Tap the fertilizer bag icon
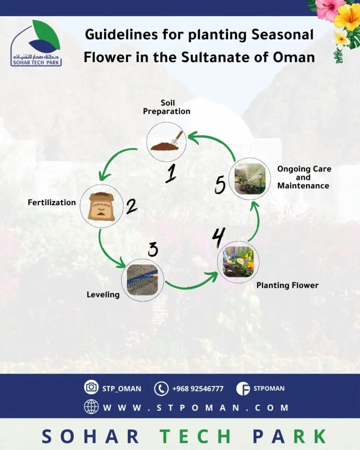[102, 206]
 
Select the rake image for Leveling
[142, 280]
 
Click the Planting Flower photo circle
[238, 262]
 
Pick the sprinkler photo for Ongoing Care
[250, 179]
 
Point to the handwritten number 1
[171, 174]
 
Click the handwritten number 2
[132, 206]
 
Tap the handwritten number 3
[153, 249]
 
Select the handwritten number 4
[218, 238]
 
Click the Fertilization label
[52, 202]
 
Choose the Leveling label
[103, 295]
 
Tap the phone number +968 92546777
[198, 388]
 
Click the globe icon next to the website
[91, 406]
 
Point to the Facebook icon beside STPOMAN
[243, 388]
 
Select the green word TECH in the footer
[196, 436]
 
